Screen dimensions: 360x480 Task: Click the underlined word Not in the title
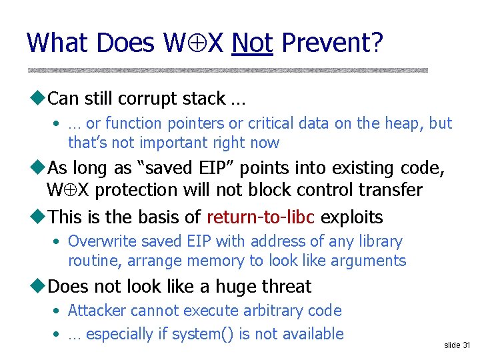[x=252, y=43]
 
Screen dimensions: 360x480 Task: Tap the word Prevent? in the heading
[x=332, y=43]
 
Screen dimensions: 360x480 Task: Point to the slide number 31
[x=457, y=345]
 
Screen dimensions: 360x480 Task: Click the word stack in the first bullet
[x=203, y=99]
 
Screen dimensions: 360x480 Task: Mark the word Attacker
[x=98, y=311]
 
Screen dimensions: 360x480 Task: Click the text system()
[x=196, y=334]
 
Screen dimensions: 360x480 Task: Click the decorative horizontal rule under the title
[x=227, y=70]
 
